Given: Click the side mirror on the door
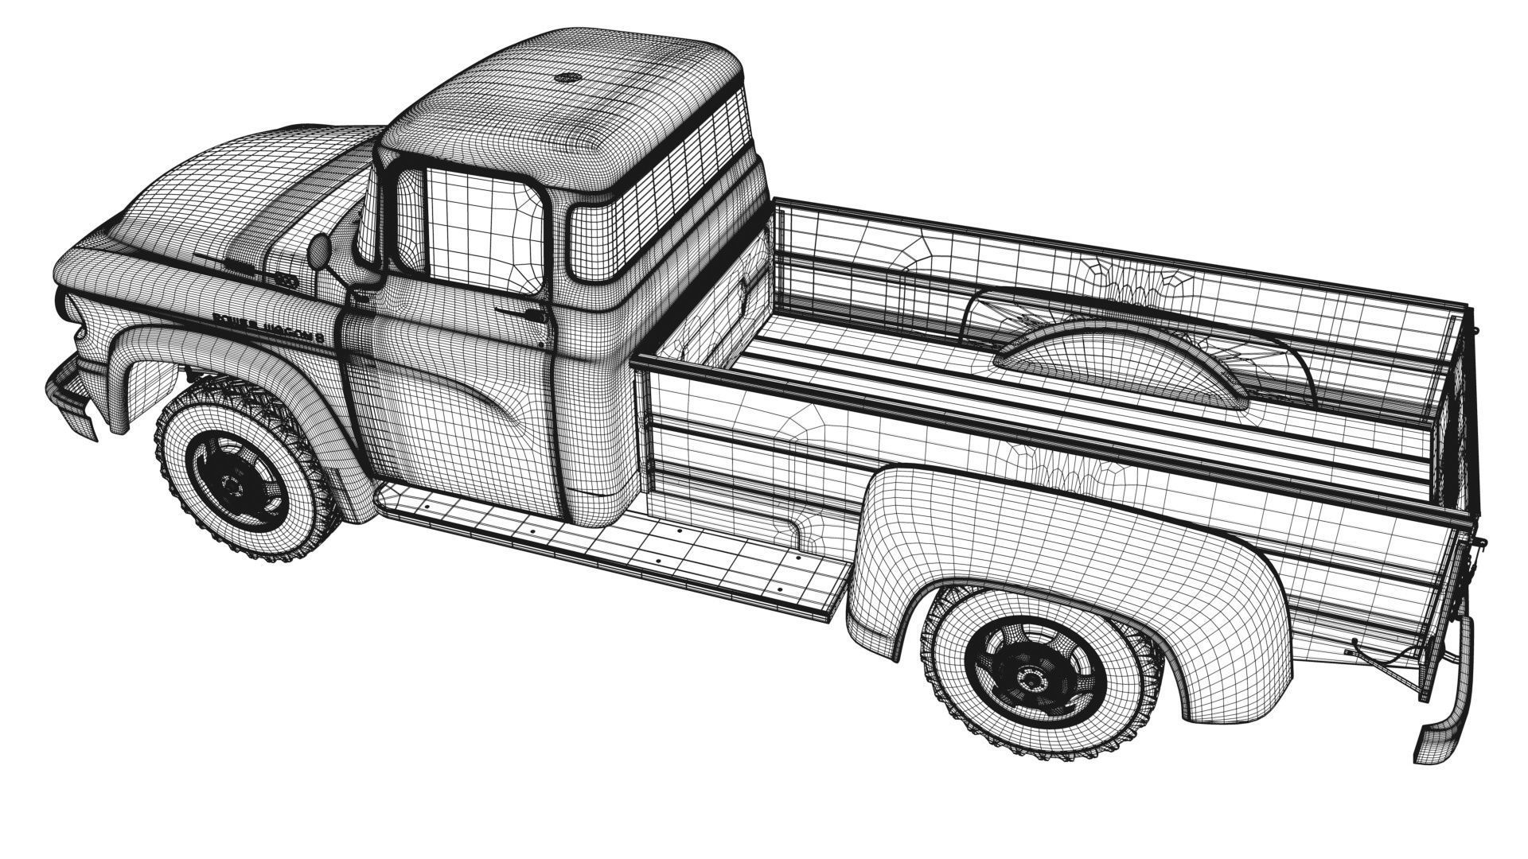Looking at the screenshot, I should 319,253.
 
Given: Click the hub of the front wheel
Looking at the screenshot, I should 233,483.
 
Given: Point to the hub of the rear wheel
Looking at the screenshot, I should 1032,679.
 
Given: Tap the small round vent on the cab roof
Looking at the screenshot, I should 568,79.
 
